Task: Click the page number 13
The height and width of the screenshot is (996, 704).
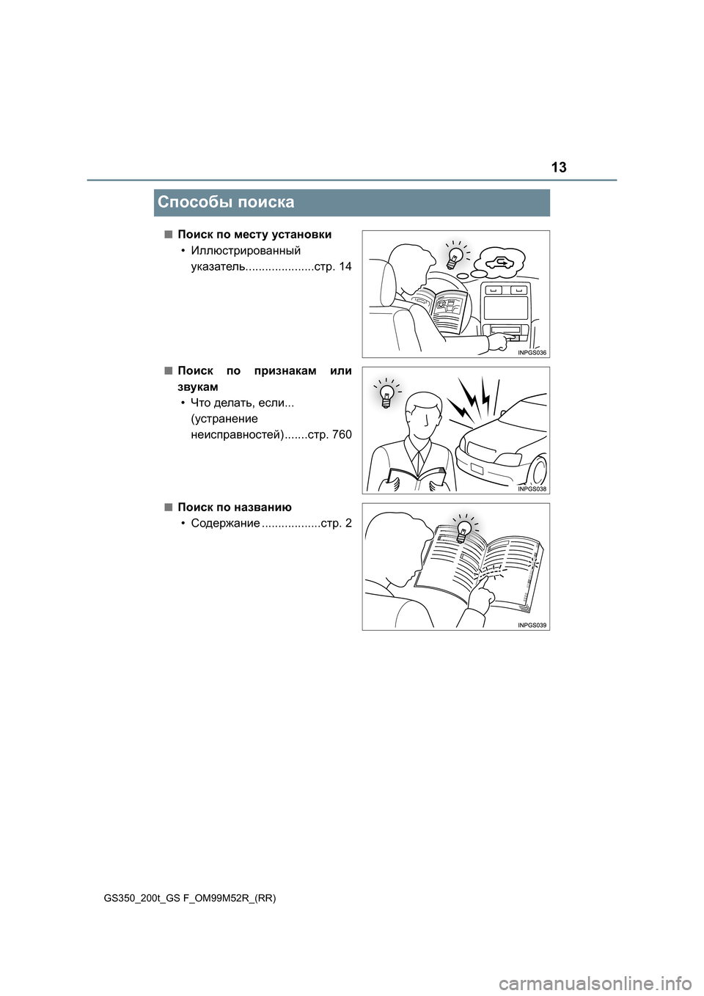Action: (559, 167)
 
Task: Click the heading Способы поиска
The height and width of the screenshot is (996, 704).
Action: (226, 202)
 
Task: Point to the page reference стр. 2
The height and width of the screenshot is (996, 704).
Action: (337, 523)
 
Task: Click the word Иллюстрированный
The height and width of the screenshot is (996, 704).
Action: (246, 250)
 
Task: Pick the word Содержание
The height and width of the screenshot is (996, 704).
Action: (225, 523)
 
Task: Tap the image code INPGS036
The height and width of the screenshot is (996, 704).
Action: (532, 353)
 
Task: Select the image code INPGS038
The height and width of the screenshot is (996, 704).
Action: (532, 489)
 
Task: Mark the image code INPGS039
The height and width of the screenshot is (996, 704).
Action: (532, 626)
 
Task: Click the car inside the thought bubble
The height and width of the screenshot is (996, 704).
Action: (501, 261)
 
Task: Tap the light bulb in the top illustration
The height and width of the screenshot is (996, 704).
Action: (455, 257)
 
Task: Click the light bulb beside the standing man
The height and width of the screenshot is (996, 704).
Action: (386, 397)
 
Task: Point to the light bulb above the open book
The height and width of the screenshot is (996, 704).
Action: (463, 531)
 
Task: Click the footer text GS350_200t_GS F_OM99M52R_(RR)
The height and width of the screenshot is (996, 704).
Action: (190, 898)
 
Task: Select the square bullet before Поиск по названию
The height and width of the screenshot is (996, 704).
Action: (168, 507)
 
